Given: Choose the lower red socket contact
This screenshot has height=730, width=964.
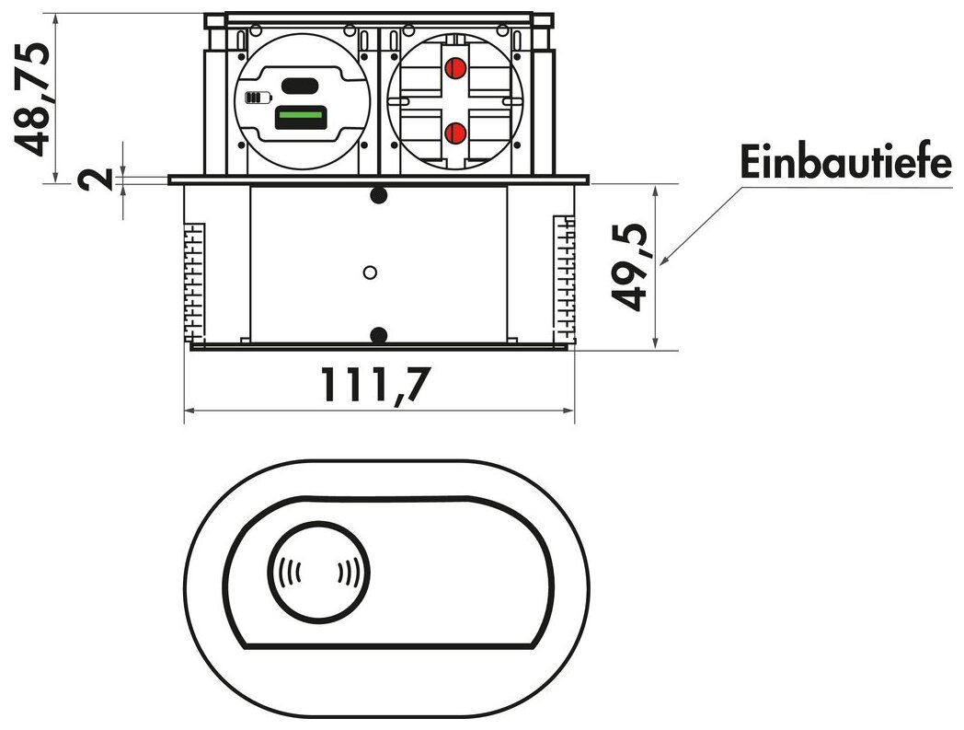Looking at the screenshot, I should [453, 134].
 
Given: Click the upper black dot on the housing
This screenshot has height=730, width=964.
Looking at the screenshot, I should [378, 195].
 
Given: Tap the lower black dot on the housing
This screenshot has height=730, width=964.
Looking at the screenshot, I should [378, 334].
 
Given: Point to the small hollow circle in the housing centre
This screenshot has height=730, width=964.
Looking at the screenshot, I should [371, 272].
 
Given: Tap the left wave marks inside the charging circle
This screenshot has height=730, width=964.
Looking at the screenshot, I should [289, 574].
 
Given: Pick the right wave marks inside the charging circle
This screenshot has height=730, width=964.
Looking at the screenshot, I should [348, 574].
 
